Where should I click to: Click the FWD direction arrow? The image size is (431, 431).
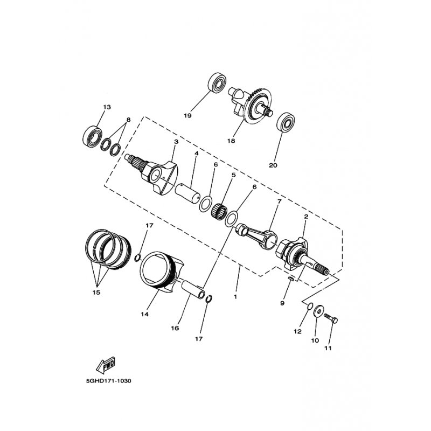[x=106, y=365]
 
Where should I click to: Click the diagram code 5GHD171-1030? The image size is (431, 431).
[x=109, y=381]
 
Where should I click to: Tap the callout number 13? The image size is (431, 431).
[x=107, y=107]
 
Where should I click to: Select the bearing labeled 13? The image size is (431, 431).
[x=92, y=136]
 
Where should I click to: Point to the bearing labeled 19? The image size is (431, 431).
[x=217, y=82]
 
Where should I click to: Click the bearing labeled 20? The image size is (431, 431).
[x=286, y=122]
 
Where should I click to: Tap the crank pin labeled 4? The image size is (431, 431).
[x=187, y=194]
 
